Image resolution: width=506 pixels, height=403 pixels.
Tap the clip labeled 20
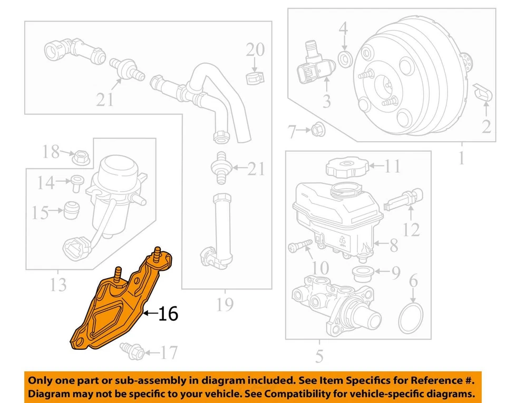click(x=255, y=77)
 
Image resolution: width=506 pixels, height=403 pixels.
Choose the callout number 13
click(x=58, y=284)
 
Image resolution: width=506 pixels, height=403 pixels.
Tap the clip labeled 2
click(x=483, y=92)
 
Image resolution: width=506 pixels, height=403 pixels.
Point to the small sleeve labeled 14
click(x=76, y=182)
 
